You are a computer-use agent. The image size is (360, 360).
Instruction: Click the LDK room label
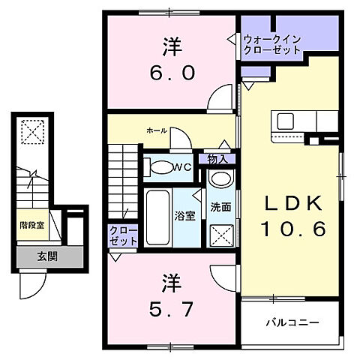(293, 203)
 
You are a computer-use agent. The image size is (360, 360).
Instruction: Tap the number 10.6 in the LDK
(293, 229)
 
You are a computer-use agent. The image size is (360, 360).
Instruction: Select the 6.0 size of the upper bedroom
(170, 73)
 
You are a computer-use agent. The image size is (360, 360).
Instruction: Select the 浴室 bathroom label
(184, 214)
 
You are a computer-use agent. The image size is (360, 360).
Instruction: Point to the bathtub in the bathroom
(158, 217)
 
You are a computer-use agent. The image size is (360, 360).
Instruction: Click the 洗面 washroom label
(220, 208)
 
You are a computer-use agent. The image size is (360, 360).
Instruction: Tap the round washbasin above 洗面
(220, 180)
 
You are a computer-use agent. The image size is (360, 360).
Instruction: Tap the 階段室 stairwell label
(31, 223)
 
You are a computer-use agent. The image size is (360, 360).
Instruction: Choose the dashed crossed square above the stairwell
(31, 133)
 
